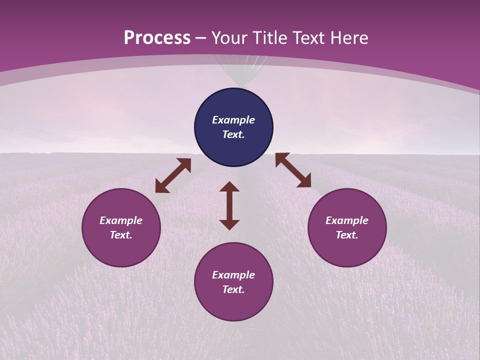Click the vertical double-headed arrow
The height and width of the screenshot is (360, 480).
229,205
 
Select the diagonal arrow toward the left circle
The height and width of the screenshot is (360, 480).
173,175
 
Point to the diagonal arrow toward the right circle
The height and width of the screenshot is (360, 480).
293,170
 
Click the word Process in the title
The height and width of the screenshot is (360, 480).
157,38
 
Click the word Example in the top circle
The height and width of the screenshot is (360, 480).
233,120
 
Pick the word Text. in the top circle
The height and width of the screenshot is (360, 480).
233,134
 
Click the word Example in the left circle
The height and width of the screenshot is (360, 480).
121,220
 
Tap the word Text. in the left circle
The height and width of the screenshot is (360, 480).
121,235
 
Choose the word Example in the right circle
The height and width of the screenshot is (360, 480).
347,220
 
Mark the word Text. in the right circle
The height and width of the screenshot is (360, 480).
347,235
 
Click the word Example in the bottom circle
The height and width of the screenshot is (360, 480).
233,275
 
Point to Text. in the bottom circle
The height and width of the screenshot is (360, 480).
233,289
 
